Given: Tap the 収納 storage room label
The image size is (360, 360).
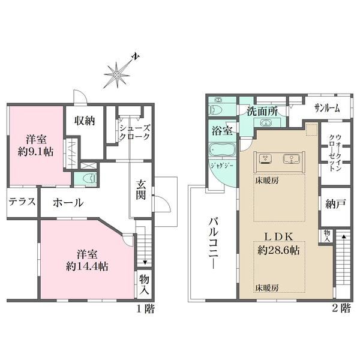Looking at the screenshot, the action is tap(85, 121).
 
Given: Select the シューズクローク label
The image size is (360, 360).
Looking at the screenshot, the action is tap(135, 132).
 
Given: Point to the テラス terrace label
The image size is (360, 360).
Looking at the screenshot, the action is tap(22, 202).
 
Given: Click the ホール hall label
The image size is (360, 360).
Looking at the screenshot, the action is tap(68, 203).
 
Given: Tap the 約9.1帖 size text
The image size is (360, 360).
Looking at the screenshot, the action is tap(36, 152).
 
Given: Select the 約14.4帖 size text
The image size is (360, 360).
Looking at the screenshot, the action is tap(87, 266).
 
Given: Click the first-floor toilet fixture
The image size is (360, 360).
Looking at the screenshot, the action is tap(90, 178).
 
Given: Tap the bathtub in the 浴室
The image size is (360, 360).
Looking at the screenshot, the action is tap(222, 149).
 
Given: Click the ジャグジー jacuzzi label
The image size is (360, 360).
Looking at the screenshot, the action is tap(222, 166).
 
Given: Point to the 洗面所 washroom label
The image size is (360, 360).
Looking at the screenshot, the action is tap(262, 112).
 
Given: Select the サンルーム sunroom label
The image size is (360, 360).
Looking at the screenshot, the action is tap(327, 109).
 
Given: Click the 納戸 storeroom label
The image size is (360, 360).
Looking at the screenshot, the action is tap(335, 203).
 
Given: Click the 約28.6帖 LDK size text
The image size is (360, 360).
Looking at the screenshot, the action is tap(278, 250).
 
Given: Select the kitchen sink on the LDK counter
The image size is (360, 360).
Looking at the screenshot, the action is tap(292, 158).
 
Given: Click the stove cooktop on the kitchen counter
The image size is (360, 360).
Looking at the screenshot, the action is tap(265, 158).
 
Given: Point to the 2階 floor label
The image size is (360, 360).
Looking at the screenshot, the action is tap(341, 308).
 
